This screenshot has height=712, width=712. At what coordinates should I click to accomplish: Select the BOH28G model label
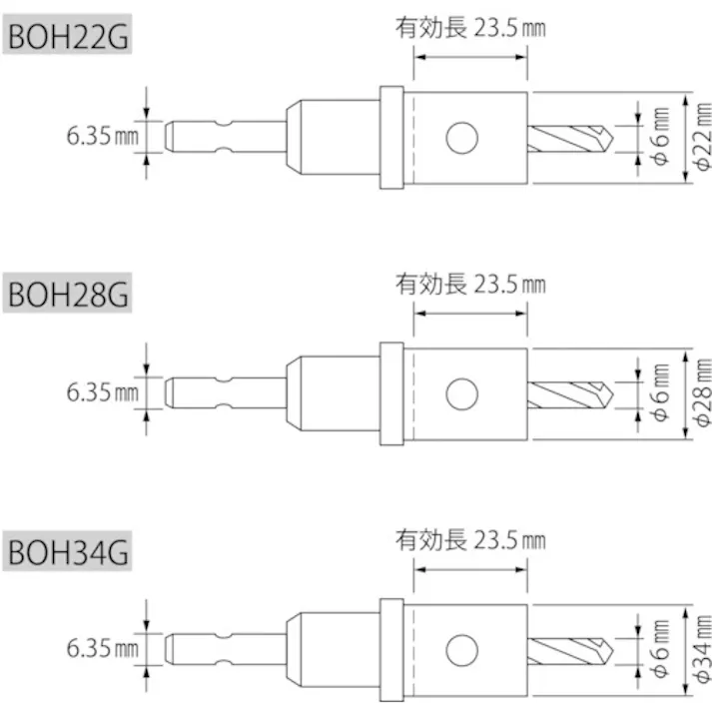click(x=69, y=296)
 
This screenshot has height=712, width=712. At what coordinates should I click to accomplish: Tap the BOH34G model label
click(x=69, y=551)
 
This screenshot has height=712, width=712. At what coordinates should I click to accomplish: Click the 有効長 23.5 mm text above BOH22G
click(x=470, y=29)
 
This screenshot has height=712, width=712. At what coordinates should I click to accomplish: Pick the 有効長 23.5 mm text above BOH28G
click(x=470, y=285)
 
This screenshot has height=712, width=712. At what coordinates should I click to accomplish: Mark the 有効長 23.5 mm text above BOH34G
click(x=470, y=540)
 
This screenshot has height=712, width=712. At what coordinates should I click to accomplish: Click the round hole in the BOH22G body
click(x=461, y=138)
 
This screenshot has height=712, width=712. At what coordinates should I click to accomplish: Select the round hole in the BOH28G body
click(x=461, y=394)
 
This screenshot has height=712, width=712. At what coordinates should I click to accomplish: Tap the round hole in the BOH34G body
click(x=461, y=648)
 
